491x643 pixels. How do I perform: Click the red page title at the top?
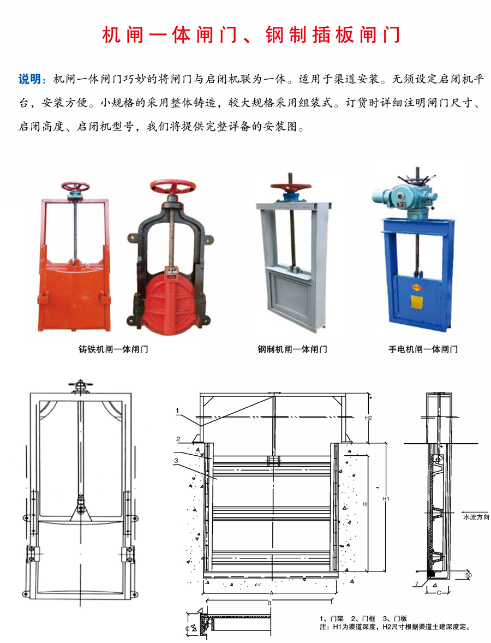[252, 34]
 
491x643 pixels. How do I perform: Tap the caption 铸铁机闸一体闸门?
[113, 348]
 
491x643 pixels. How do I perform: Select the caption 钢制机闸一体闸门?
[292, 348]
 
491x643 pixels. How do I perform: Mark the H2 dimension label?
[368, 418]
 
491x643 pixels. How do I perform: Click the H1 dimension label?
[386, 498]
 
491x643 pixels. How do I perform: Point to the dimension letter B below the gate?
[270, 603]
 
